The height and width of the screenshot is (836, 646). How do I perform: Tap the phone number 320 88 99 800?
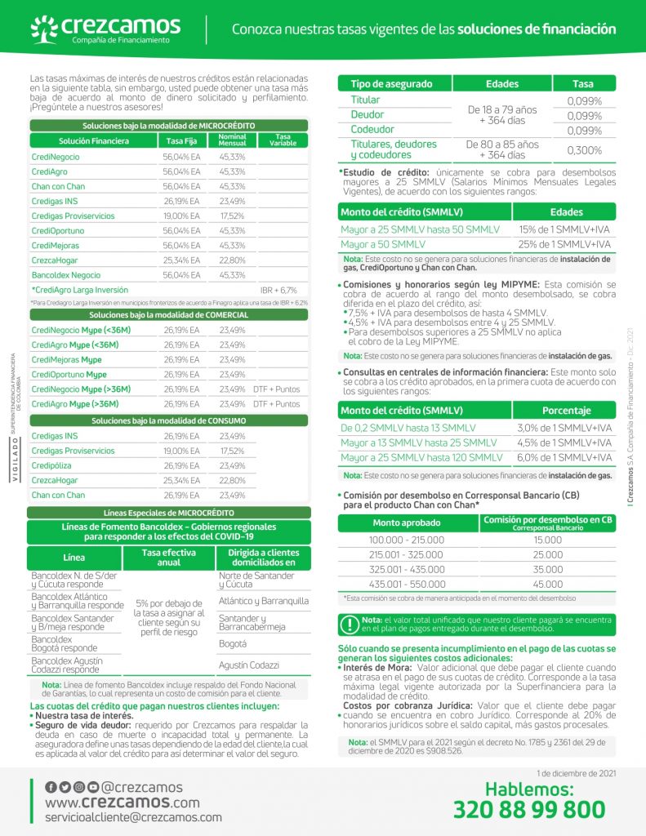click(x=529, y=809)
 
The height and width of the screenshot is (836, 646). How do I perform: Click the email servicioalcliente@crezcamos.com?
click(x=133, y=816)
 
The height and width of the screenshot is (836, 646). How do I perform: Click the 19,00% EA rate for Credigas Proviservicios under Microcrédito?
click(x=181, y=216)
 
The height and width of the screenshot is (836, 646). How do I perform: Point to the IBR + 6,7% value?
click(x=278, y=290)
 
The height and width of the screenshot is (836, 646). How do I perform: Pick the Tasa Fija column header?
click(x=182, y=140)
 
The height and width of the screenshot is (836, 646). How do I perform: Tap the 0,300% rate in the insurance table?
click(x=584, y=150)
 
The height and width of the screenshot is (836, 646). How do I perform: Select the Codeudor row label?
click(x=372, y=130)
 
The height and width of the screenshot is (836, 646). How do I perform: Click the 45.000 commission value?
click(x=547, y=585)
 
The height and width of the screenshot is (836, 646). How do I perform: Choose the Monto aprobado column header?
click(x=408, y=522)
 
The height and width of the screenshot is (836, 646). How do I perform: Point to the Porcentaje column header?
click(x=566, y=411)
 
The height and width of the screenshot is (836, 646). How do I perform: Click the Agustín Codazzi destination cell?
click(x=249, y=665)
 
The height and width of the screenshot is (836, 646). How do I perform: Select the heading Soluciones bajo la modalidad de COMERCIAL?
click(x=168, y=314)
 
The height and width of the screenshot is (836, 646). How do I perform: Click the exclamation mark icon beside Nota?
click(x=350, y=625)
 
